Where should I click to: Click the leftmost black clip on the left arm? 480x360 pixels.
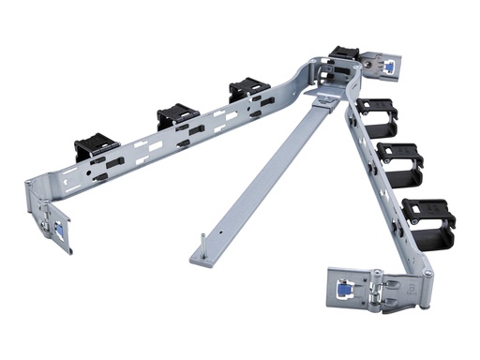(97, 147)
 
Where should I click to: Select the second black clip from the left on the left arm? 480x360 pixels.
(177, 115)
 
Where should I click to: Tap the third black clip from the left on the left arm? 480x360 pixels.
(248, 91)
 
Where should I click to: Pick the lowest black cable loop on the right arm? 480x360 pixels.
(427, 217)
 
